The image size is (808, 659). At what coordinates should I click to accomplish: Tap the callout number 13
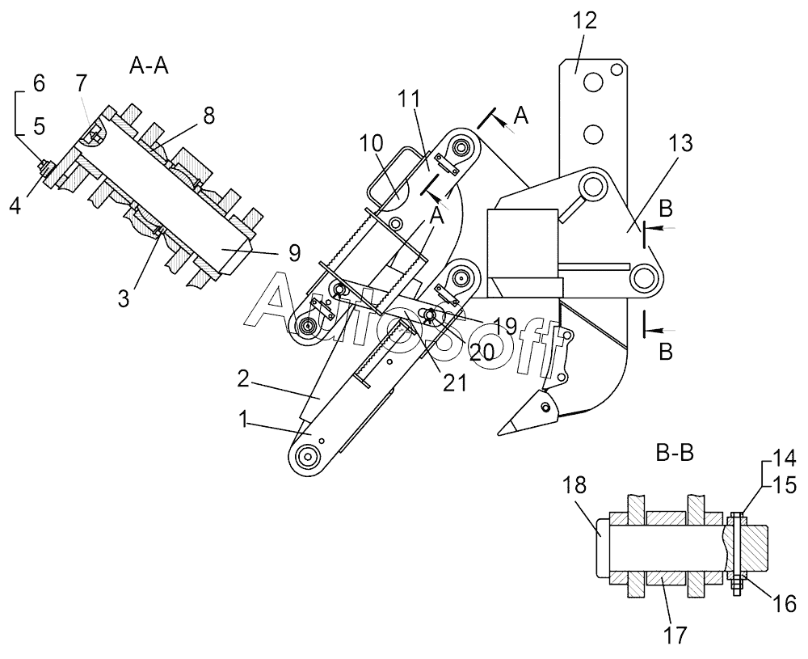click(x=680, y=143)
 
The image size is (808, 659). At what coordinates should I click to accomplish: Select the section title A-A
click(x=149, y=65)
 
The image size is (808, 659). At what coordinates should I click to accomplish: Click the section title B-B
click(x=675, y=453)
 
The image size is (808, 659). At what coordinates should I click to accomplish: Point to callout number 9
click(x=294, y=252)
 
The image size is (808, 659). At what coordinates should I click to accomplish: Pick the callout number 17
click(x=675, y=635)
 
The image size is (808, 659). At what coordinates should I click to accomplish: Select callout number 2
click(x=244, y=379)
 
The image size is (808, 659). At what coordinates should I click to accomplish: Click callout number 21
click(x=454, y=383)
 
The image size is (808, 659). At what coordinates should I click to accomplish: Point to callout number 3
click(x=124, y=298)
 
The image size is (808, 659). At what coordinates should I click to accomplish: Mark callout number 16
click(x=785, y=604)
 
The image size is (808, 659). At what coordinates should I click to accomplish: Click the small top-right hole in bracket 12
click(x=615, y=69)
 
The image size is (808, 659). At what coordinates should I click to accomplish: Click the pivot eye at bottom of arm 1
click(x=308, y=457)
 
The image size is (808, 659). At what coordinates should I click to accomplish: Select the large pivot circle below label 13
click(x=644, y=279)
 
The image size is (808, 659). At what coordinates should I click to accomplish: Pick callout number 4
click(x=15, y=205)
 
